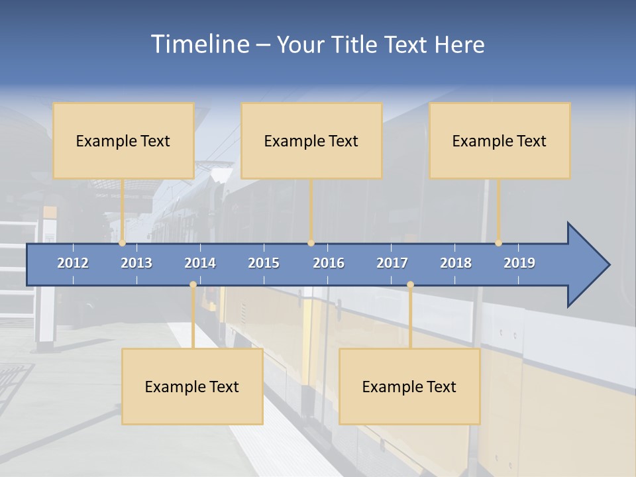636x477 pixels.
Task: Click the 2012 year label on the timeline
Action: pyautogui.click(x=73, y=263)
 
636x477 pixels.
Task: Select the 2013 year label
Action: pyautogui.click(x=136, y=263)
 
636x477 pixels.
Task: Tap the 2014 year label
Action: pyautogui.click(x=200, y=263)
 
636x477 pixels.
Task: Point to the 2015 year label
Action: pyautogui.click(x=264, y=263)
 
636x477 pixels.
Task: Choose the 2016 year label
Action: pyautogui.click(x=329, y=263)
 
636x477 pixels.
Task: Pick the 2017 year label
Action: pyautogui.click(x=392, y=263)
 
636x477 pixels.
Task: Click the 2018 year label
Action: pyautogui.click(x=456, y=263)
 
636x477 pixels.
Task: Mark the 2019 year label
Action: pyautogui.click(x=519, y=263)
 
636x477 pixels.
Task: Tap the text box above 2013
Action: pyautogui.click(x=123, y=140)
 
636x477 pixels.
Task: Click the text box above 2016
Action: pyautogui.click(x=311, y=140)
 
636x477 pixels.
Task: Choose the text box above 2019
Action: pyautogui.click(x=500, y=140)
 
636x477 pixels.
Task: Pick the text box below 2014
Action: pyautogui.click(x=192, y=386)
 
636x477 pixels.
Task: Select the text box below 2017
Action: pyautogui.click(x=409, y=386)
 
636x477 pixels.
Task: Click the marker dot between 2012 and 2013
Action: pyautogui.click(x=123, y=243)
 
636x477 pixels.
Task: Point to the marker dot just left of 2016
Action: pyautogui.click(x=311, y=243)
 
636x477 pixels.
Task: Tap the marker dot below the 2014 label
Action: pyautogui.click(x=193, y=285)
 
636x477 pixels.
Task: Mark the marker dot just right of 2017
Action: pyautogui.click(x=410, y=285)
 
